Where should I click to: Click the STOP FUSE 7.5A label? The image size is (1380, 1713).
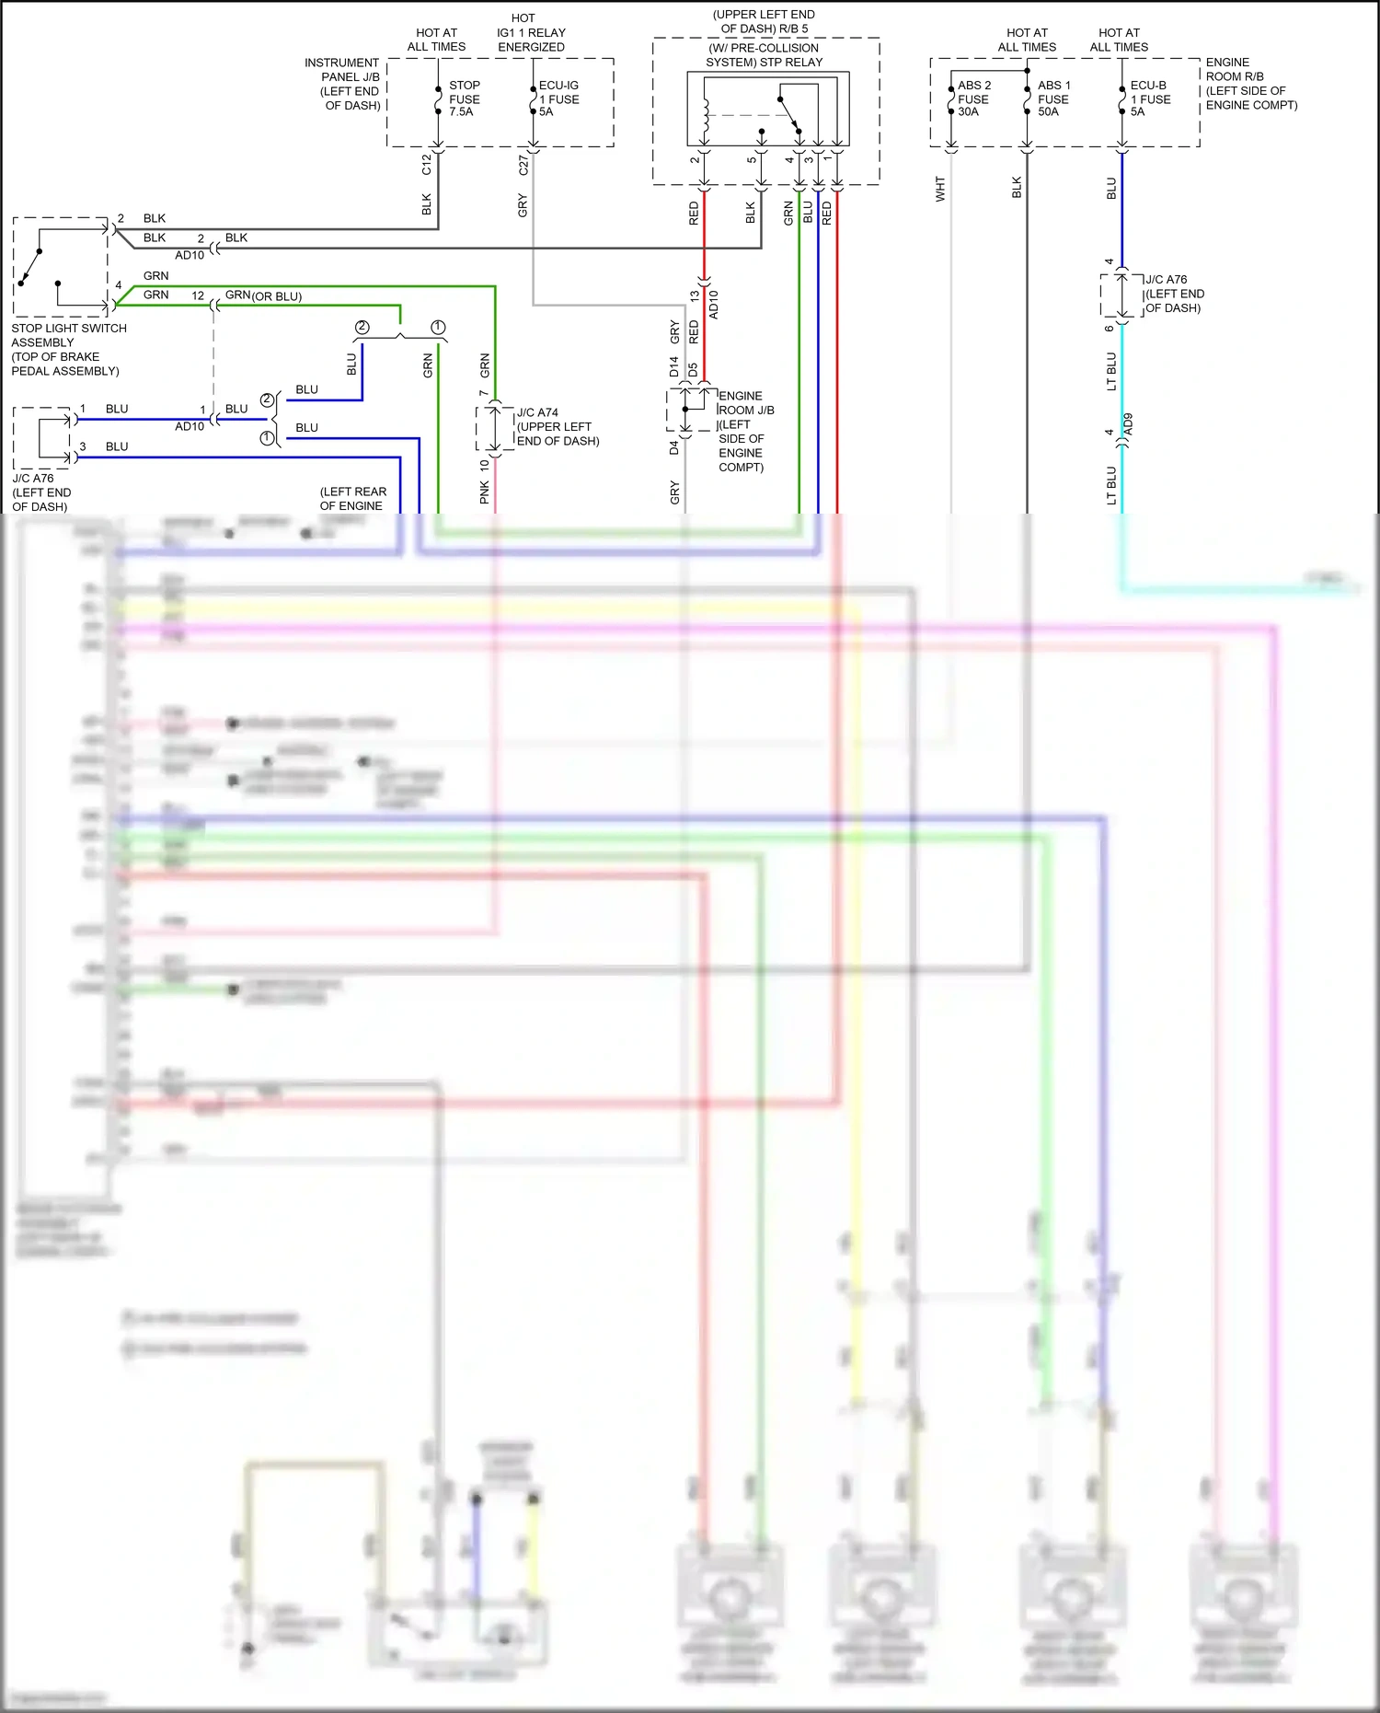tap(464, 98)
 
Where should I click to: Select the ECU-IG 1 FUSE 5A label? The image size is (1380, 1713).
tap(558, 98)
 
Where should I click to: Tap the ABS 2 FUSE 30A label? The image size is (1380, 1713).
tap(973, 98)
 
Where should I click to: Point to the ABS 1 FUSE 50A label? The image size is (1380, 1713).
tap(1053, 98)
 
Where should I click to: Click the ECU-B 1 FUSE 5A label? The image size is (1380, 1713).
tap(1149, 98)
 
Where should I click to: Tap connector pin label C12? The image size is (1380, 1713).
tap(426, 165)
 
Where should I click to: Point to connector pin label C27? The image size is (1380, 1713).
tap(523, 165)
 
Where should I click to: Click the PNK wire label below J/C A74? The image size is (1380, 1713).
tap(484, 493)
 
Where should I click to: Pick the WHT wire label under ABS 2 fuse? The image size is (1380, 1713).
tap(939, 189)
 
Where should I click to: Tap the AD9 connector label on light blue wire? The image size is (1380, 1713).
tap(1128, 424)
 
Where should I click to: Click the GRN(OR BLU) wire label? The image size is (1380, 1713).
tap(263, 295)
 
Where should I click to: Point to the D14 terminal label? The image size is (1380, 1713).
tap(673, 367)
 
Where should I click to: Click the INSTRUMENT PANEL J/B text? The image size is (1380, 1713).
tap(343, 84)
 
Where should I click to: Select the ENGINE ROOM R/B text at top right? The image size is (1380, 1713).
tap(1250, 84)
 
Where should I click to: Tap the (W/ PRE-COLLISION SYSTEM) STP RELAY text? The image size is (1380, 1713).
tap(764, 55)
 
